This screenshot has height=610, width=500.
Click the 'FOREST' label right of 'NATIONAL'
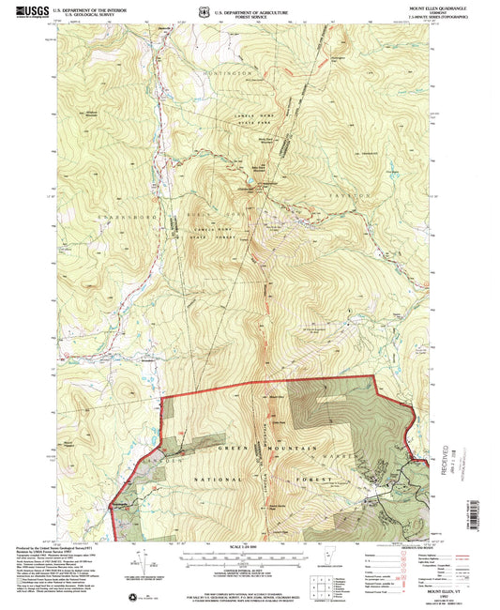(x=320, y=480)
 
